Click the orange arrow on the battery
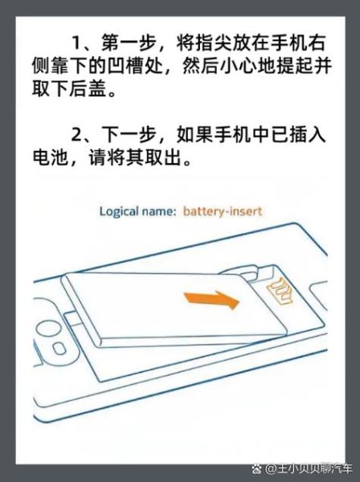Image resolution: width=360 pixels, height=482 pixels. coord(212,303)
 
